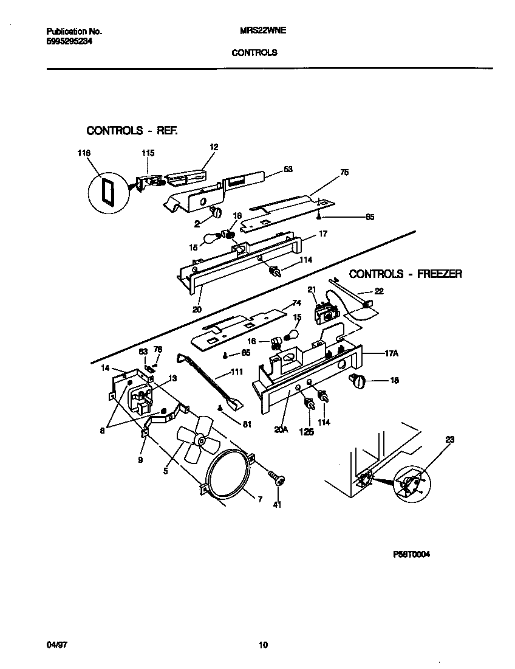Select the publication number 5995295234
[70, 41]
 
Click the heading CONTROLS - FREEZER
[405, 274]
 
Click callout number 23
[449, 438]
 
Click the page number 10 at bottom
[262, 645]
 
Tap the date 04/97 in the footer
[55, 644]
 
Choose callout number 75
[344, 173]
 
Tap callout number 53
[288, 168]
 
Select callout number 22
[378, 291]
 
